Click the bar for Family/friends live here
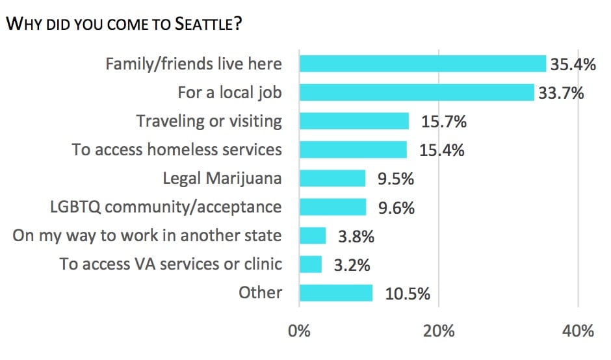[422, 64]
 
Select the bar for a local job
[417, 92]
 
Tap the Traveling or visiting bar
[354, 121]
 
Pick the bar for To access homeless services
[353, 149]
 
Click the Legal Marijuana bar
[332, 178]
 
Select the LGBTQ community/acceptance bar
[332, 207]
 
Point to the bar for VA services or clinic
[311, 264]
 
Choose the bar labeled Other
[335, 292]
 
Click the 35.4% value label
[572, 64]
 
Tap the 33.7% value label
[560, 93]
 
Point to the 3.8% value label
[356, 236]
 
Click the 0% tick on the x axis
[299, 331]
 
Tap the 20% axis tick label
[439, 331]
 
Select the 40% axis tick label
[578, 331]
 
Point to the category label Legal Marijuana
[224, 178]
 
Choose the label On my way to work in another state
[148, 235]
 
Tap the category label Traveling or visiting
[209, 121]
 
